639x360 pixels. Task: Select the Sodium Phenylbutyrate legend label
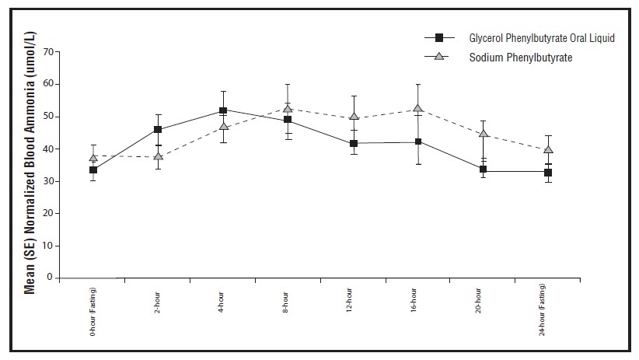pos(519,57)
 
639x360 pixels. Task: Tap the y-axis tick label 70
pos(50,52)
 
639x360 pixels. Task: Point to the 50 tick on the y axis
pos(50,117)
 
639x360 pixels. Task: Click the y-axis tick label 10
pos(50,246)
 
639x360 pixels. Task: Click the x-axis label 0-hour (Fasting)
pos(93,311)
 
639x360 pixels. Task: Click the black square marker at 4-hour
pos(223,110)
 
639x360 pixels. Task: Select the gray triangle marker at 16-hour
pos(418,109)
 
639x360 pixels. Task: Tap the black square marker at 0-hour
pos(93,170)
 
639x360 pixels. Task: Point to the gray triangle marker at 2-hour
pos(159,156)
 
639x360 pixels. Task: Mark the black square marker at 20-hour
pos(483,170)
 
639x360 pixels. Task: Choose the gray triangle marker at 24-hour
pos(548,150)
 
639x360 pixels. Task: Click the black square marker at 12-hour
pos(354,143)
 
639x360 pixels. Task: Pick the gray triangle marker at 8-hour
pos(288,109)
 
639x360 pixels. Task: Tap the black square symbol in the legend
pos(439,37)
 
